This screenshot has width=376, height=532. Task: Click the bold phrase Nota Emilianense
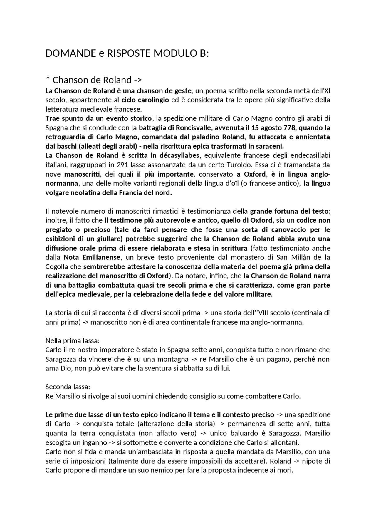tap(92, 257)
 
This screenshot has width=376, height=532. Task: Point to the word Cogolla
tap(57, 267)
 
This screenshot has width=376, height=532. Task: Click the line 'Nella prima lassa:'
tap(73, 341)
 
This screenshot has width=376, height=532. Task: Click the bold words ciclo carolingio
tap(145, 100)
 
